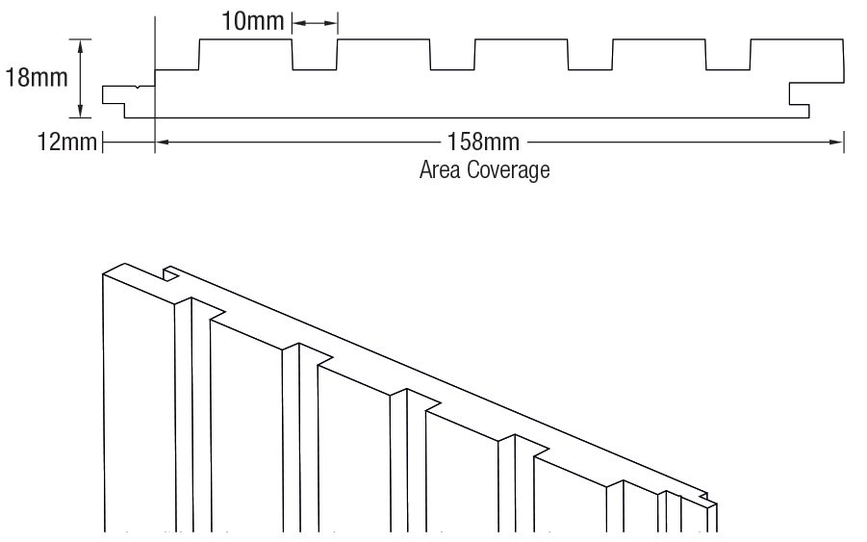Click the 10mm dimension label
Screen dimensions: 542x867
click(x=246, y=21)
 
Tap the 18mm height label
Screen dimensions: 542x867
click(x=37, y=77)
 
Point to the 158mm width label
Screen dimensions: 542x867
click(x=483, y=143)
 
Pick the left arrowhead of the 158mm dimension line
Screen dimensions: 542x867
click(x=162, y=143)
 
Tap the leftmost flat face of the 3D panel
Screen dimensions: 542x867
click(x=138, y=404)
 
